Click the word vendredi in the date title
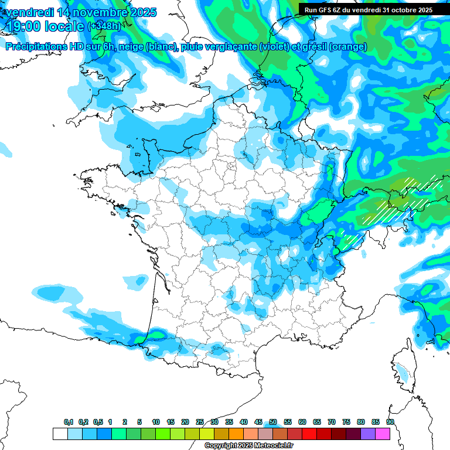pyautogui.click(x=29, y=12)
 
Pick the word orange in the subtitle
pyautogui.click(x=350, y=47)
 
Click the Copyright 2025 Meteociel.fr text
pyautogui.click(x=249, y=446)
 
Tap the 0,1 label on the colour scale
pyautogui.click(x=69, y=422)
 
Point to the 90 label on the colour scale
pyautogui.click(x=390, y=422)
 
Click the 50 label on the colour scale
pyautogui.click(x=273, y=422)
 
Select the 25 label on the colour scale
pyautogui.click(x=200, y=422)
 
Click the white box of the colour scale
pyautogui.click(x=60, y=434)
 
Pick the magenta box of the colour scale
pyautogui.click(x=383, y=434)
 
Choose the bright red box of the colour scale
pyautogui.click(x=309, y=434)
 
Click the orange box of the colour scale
pyautogui.click(x=236, y=434)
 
